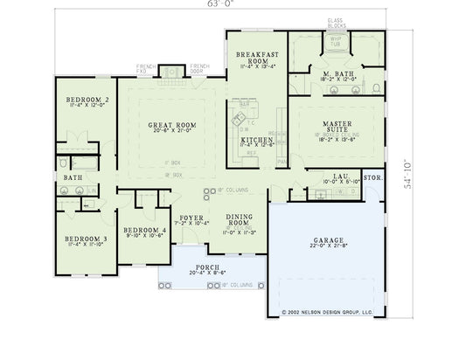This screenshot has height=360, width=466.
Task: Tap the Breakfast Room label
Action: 256,58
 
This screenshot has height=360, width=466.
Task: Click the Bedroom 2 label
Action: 87,100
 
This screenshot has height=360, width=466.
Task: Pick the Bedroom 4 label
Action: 140,229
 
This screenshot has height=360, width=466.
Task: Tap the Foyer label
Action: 191,217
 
